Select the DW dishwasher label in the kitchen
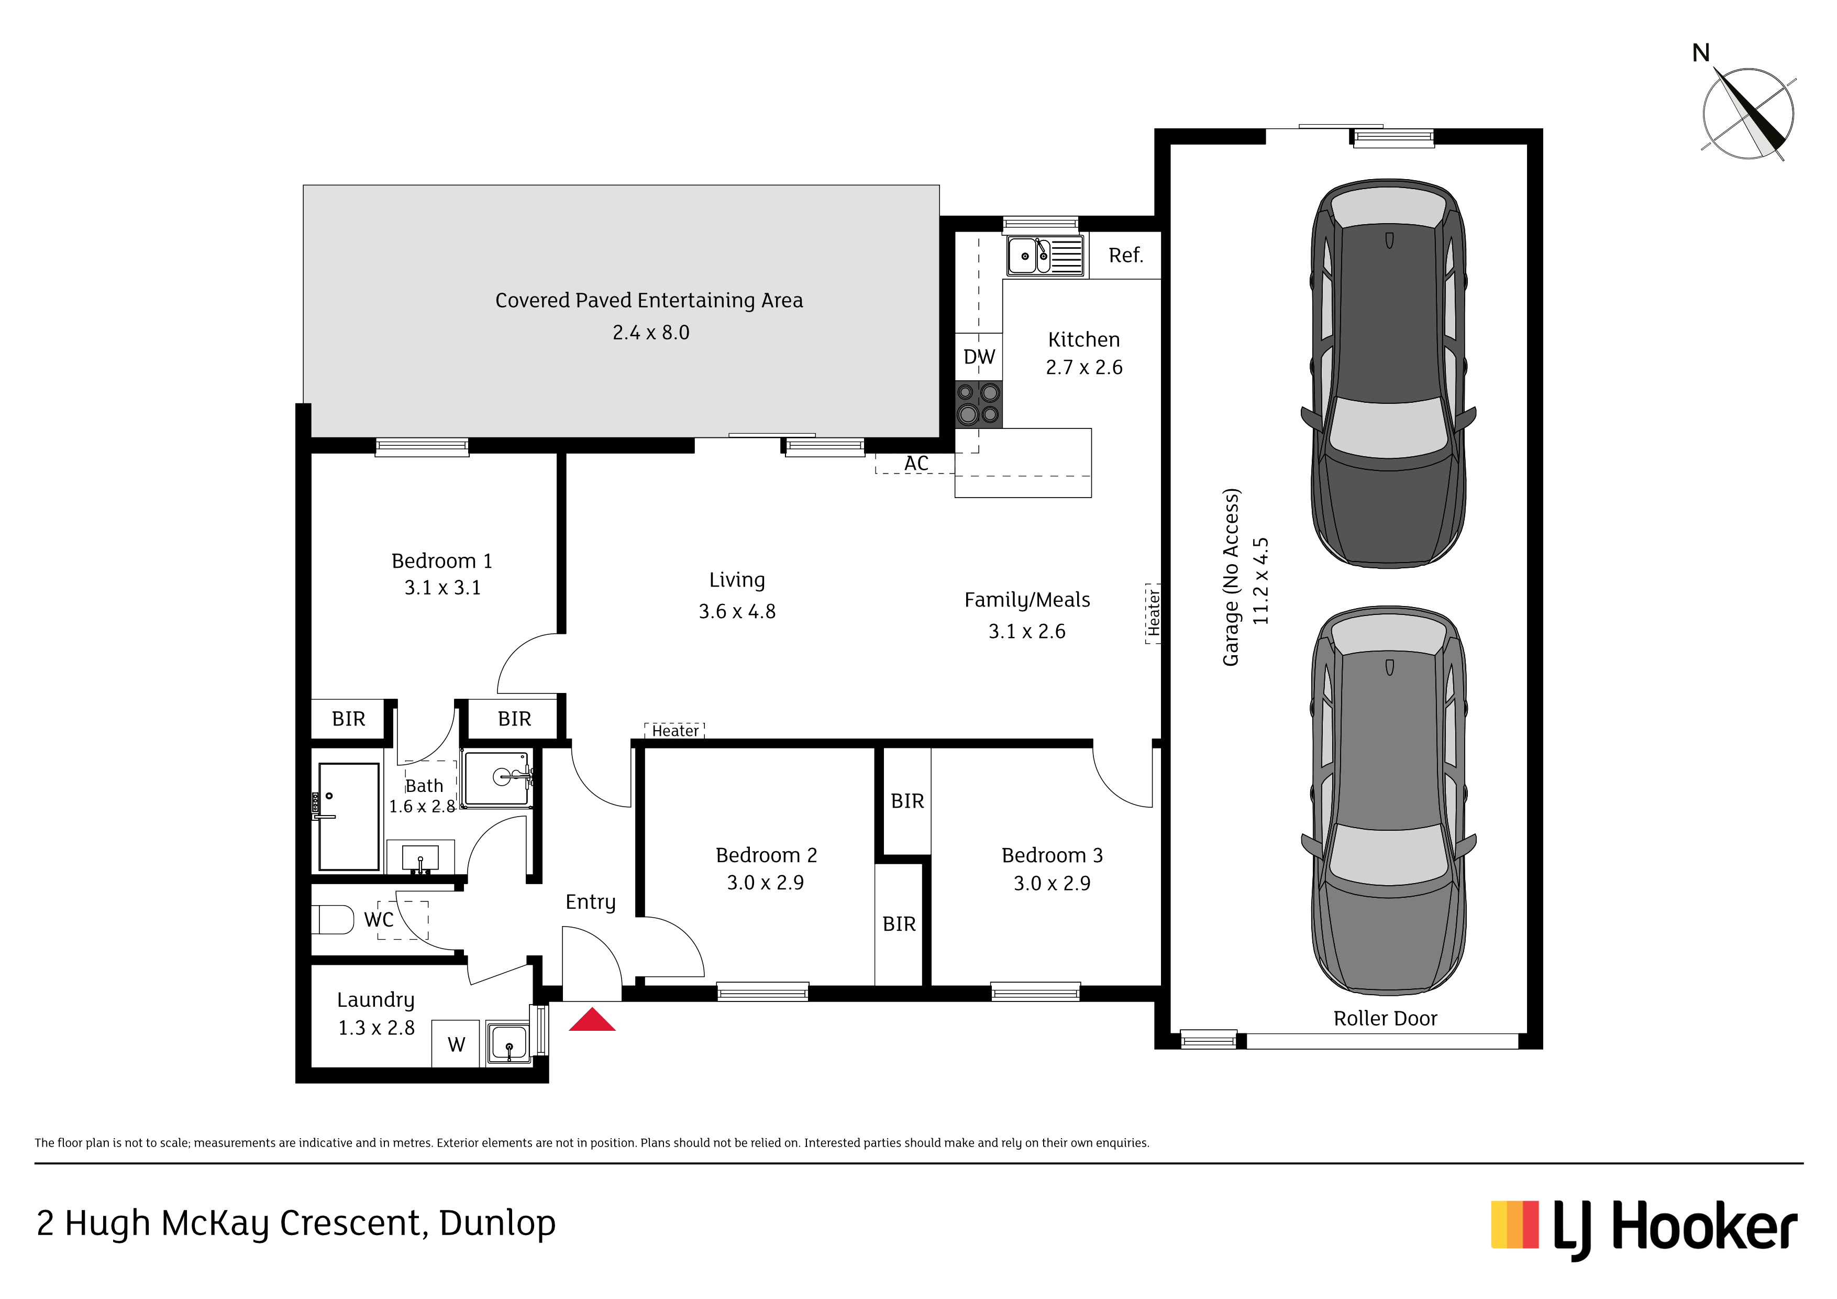979,357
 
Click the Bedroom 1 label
441,561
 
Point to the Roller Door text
1385,1018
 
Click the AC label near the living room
916,464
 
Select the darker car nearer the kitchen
1389,373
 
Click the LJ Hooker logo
1644,1229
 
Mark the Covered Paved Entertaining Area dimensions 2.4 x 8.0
650,332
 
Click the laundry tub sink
507,1043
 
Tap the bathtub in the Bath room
348,817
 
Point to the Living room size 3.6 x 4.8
737,611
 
